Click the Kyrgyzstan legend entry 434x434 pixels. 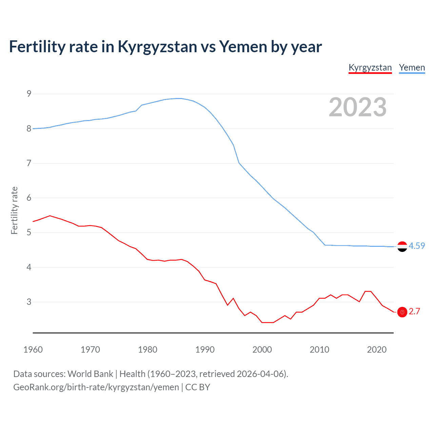point(370,67)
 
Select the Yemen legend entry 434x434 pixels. point(412,67)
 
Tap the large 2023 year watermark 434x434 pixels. point(357,107)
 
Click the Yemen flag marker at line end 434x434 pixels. point(402,246)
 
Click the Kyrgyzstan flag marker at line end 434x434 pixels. point(402,312)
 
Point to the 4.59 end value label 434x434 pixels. point(417,246)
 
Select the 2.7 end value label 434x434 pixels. point(414,311)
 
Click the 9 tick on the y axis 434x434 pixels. point(29,94)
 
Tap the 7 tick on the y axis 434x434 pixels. point(29,163)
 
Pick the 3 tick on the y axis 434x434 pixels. point(29,302)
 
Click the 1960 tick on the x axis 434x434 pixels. point(33,350)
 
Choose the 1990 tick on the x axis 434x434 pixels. point(205,350)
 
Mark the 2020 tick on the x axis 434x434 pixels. point(377,350)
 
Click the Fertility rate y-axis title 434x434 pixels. point(14,210)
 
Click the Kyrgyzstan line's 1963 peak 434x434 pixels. point(50,216)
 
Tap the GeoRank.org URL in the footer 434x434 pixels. point(96,387)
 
